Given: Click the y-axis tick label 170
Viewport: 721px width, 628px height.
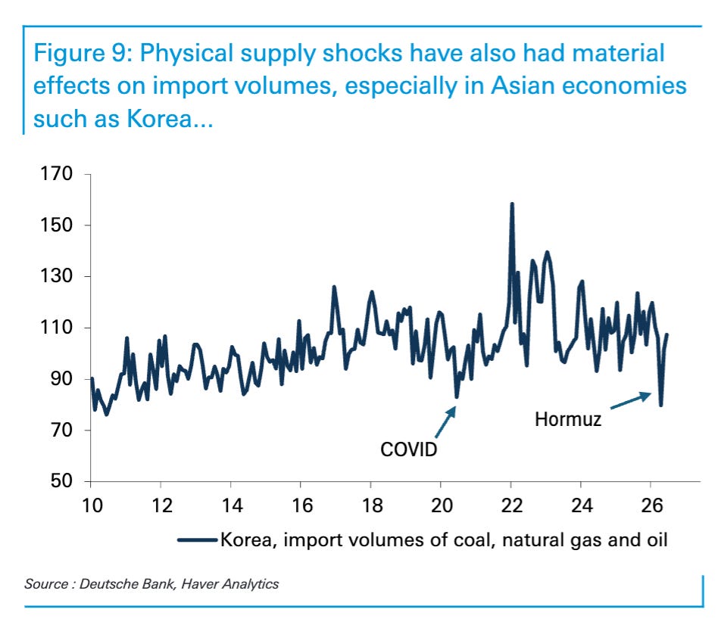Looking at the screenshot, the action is point(57,174).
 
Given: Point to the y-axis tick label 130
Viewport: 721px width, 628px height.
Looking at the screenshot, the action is point(57,276).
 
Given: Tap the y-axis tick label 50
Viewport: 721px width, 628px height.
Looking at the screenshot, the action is point(61,481).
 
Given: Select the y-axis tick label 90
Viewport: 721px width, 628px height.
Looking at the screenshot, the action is point(61,378).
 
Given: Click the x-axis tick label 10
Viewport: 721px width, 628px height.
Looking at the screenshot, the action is point(92,505).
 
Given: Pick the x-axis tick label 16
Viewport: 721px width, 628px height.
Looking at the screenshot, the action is point(301,505).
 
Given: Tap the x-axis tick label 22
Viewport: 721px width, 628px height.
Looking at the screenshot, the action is point(512,505).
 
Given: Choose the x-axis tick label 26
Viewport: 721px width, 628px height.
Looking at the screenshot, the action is point(651,505).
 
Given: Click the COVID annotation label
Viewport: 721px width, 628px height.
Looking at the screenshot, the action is point(408,449).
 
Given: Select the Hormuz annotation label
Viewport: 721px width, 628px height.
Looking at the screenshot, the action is point(568,419).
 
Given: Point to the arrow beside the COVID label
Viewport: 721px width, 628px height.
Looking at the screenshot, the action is point(445,422).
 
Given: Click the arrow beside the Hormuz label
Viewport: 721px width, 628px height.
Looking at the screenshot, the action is point(631,400).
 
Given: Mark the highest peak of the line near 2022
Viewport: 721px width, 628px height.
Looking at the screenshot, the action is point(512,204).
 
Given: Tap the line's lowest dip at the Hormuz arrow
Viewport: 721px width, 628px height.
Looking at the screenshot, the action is point(660,405).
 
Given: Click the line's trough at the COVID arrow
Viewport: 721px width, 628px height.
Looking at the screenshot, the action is point(457,396).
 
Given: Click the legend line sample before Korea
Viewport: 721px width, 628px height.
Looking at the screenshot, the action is point(197,540).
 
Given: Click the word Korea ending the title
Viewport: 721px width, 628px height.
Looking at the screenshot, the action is point(159,119).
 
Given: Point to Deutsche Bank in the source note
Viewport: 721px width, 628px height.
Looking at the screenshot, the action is point(127,584).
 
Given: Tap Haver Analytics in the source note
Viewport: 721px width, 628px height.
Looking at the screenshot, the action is point(230,584).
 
